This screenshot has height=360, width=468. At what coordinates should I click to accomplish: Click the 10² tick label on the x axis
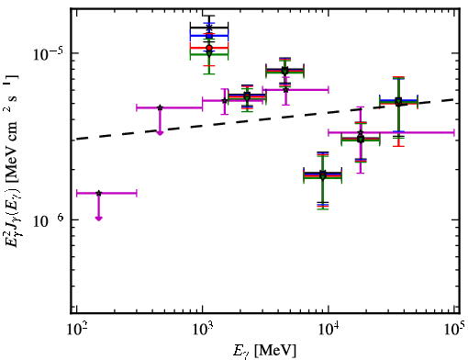76,330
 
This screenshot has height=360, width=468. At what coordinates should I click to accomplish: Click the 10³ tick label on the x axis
202,330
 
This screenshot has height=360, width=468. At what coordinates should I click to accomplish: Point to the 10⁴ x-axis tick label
329,330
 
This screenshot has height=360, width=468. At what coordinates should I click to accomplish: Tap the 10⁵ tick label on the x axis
454,330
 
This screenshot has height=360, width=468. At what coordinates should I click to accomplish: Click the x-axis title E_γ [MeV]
264,351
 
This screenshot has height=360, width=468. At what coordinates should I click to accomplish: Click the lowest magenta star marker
98,193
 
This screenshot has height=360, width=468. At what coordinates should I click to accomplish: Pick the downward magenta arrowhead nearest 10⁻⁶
98,219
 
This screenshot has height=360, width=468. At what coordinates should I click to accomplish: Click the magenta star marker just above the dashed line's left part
160,107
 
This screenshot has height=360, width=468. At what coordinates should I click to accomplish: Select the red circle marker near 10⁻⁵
209,48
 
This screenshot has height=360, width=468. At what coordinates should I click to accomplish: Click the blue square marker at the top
209,36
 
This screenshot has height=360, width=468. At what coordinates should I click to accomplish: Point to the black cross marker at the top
209,28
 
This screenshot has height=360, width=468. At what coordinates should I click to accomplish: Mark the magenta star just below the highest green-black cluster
285,90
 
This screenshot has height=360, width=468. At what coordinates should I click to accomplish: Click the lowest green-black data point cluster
323,175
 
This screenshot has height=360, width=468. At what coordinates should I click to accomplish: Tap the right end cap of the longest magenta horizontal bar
454,132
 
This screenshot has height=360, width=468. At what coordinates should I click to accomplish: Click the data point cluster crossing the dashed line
398,102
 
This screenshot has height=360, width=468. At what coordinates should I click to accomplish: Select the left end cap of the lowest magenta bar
76,193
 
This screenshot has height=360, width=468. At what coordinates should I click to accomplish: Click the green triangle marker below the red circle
209,54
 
